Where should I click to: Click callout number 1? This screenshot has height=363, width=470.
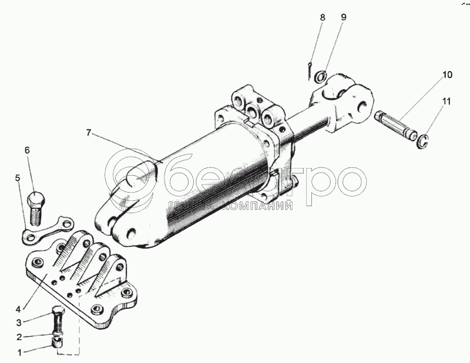point(19,352)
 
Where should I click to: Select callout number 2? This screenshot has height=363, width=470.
point(19,337)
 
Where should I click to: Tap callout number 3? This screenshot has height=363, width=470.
point(19,322)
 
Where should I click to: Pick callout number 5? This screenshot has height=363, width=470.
point(17,177)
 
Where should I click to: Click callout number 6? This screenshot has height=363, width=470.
point(27,150)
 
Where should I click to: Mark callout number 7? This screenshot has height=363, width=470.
point(89,133)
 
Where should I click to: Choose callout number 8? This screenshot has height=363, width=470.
point(323,18)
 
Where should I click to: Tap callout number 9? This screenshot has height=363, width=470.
point(344,18)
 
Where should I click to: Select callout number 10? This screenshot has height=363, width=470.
point(448,75)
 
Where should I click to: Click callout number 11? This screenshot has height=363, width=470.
point(448,102)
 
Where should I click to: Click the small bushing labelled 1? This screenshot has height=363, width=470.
point(58,343)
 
